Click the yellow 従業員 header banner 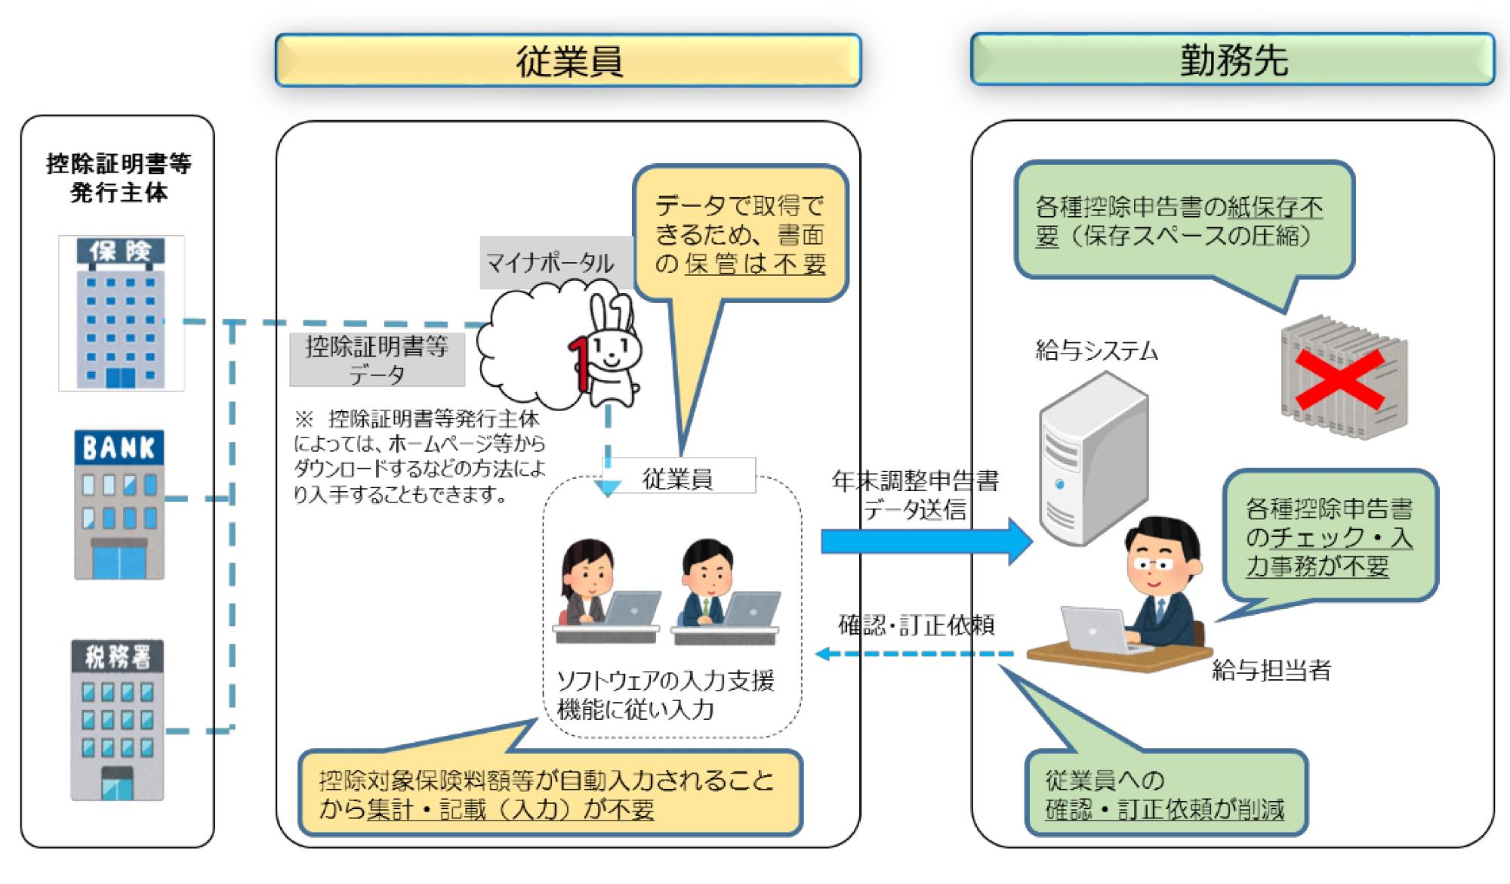click(568, 60)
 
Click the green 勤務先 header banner click(1232, 59)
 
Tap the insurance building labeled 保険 click(122, 313)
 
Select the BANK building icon click(119, 505)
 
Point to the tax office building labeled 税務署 click(117, 720)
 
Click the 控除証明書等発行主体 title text click(119, 178)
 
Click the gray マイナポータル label click(550, 263)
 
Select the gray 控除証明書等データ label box click(377, 360)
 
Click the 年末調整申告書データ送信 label click(915, 495)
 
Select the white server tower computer click(1094, 459)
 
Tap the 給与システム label click(1096, 351)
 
